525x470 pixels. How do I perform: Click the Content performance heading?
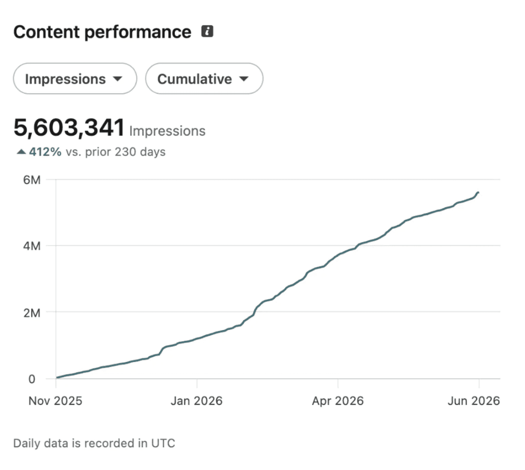(x=102, y=32)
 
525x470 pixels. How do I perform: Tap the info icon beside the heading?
(x=207, y=31)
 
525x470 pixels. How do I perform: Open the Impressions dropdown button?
(x=75, y=79)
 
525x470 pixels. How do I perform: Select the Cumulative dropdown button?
(x=204, y=79)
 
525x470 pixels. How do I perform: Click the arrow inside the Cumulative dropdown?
(x=244, y=79)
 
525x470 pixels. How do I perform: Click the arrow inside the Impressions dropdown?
(x=117, y=79)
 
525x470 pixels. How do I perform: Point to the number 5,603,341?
(x=69, y=128)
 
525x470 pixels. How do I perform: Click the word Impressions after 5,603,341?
(x=168, y=131)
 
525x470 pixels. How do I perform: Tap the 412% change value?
(x=45, y=152)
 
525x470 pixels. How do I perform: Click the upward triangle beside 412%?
(x=22, y=152)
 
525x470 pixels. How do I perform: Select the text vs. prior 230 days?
(x=115, y=152)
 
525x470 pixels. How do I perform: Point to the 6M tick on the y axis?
(x=32, y=180)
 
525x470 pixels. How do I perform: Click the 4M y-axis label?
(x=32, y=246)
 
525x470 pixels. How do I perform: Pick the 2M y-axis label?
(x=32, y=313)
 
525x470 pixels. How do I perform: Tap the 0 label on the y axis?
(x=32, y=379)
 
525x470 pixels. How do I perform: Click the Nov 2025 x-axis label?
(x=55, y=401)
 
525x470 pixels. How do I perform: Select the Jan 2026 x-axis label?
(x=197, y=401)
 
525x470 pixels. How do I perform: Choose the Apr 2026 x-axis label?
(x=338, y=401)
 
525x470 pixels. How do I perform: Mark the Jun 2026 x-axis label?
(x=474, y=401)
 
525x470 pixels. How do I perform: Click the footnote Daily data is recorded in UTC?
(x=94, y=443)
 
